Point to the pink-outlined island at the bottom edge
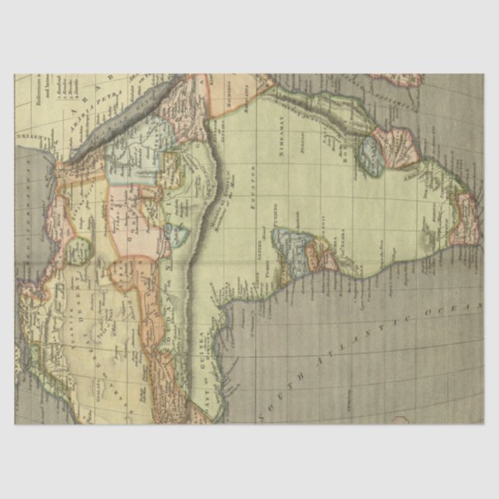tap(403, 422)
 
